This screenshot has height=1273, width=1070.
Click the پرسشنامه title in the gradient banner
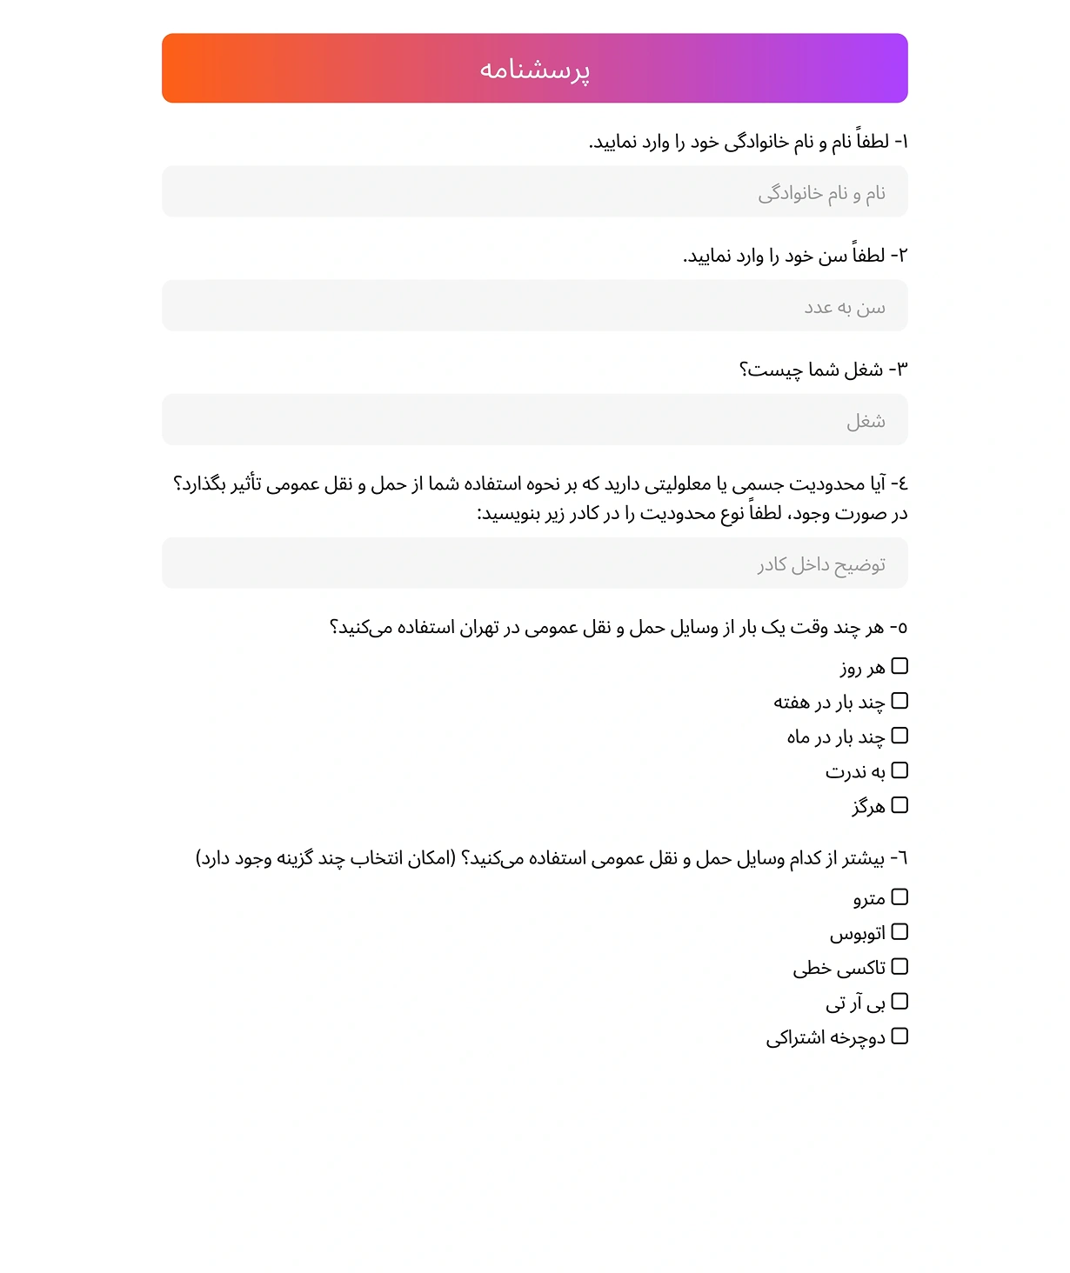534,70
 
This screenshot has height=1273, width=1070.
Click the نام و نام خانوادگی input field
534,192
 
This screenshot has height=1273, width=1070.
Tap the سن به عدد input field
534,306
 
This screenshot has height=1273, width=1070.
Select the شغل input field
534,420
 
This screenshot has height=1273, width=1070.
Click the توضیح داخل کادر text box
534,563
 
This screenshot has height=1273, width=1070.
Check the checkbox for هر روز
899,666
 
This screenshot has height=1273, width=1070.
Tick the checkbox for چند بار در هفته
899,701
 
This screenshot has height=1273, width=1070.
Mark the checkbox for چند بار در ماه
899,736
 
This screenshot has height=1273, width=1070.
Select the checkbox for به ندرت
899,770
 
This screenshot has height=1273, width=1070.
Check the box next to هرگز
899,805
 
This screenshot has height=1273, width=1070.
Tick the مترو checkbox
899,896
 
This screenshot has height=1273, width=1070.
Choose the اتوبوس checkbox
899,931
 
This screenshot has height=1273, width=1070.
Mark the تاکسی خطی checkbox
899,966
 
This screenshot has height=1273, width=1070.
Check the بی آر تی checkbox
899,1002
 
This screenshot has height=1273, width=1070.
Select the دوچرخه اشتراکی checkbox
899,1036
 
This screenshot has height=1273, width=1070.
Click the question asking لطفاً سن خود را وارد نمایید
794,256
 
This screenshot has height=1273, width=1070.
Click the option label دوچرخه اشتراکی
826,1038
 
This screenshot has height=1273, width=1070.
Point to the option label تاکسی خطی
839,968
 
